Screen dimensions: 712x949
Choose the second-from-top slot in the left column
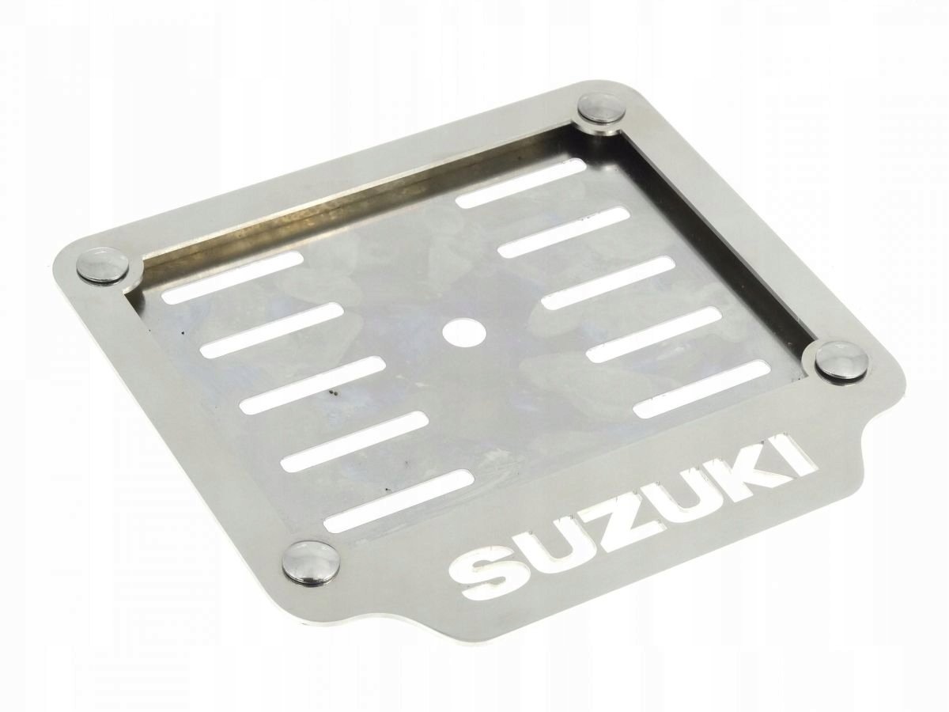(270, 328)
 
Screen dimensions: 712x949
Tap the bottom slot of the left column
(399, 500)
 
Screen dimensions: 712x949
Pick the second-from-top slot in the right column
(564, 231)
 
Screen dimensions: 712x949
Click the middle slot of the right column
(609, 282)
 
